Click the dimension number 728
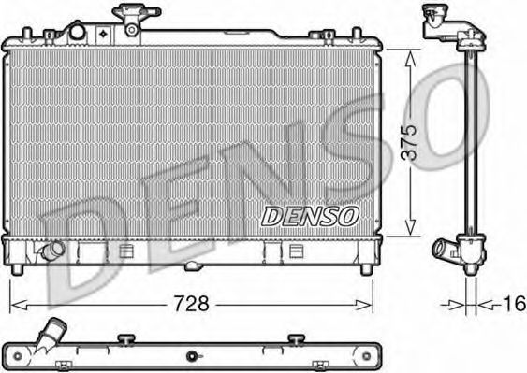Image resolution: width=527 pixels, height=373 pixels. pyautogui.click(x=191, y=304)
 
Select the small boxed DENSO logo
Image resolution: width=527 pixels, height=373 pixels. pyautogui.click(x=310, y=216)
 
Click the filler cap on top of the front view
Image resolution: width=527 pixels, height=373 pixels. pyautogui.click(x=128, y=16)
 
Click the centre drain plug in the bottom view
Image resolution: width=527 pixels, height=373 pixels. pyautogui.click(x=192, y=356)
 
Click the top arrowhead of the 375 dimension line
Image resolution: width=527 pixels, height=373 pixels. pyautogui.click(x=410, y=54)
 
